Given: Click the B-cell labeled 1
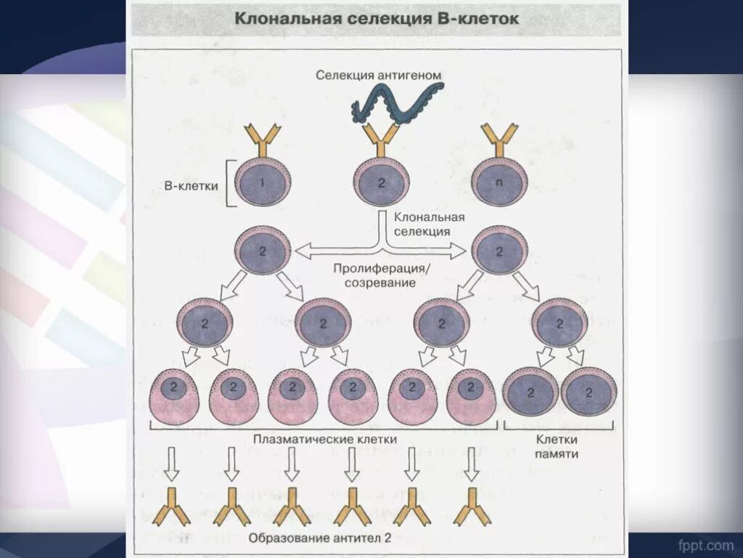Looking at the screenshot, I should pyautogui.click(x=263, y=182).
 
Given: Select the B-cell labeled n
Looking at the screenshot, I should pyautogui.click(x=498, y=182).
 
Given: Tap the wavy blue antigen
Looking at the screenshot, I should pyautogui.click(x=396, y=101).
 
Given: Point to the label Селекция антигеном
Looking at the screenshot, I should pyautogui.click(x=378, y=74).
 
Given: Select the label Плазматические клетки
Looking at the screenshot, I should pyautogui.click(x=325, y=439).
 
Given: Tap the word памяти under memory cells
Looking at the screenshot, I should pyautogui.click(x=557, y=453).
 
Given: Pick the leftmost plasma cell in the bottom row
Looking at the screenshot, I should pyautogui.click(x=173, y=397).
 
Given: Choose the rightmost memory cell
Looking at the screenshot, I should pyautogui.click(x=588, y=392).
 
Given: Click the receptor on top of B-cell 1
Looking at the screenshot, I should pyautogui.click(x=263, y=137).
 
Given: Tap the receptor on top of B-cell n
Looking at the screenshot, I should pyautogui.click(x=498, y=137).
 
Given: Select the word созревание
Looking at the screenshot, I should pyautogui.click(x=381, y=283).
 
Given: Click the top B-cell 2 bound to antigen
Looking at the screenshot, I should pyautogui.click(x=382, y=182).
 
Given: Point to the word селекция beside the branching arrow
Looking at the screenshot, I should pyautogui.click(x=422, y=230).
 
